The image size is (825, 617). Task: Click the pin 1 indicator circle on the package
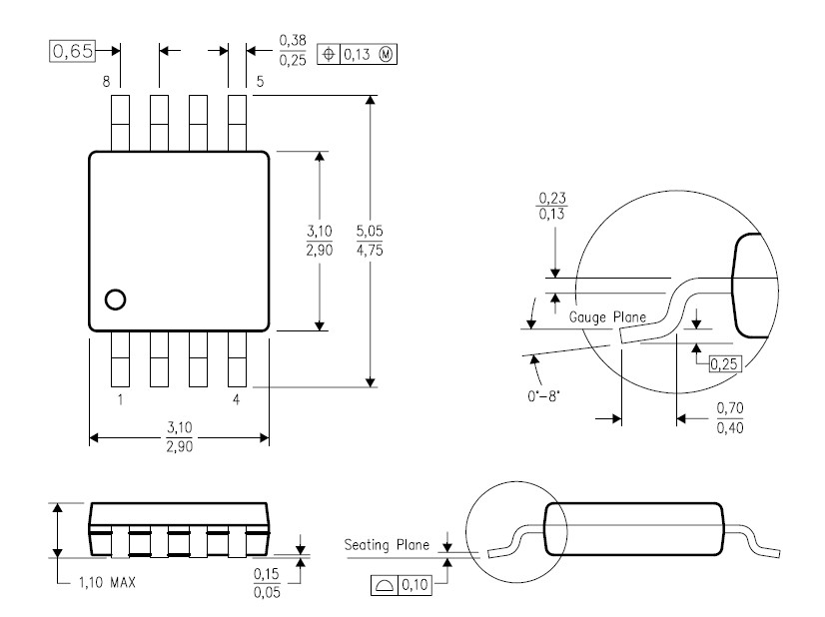pos(115,299)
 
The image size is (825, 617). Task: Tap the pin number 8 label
pos(105,82)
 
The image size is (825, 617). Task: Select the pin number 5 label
pos(260,82)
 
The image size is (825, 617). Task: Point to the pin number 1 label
pos(120,400)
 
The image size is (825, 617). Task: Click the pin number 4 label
pos(237,400)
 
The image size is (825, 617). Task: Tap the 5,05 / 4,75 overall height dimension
pos(371,241)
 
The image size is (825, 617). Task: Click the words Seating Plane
pos(387,545)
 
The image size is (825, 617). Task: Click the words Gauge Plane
pos(607,316)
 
